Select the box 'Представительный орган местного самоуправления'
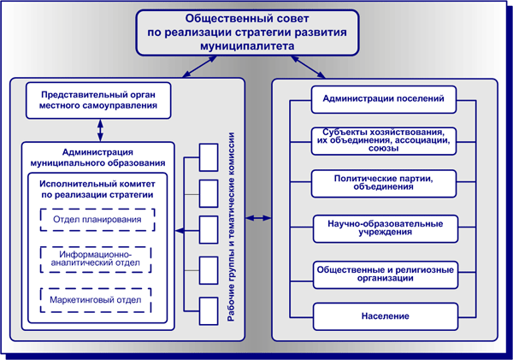tap(93, 99)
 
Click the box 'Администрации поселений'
tap(383, 99)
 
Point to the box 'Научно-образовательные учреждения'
tap(383, 228)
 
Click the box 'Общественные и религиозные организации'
tap(383, 274)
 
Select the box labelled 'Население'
tap(383, 316)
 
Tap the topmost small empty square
tap(209, 157)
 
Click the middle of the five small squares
tap(209, 227)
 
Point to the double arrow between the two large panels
tap(259, 219)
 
